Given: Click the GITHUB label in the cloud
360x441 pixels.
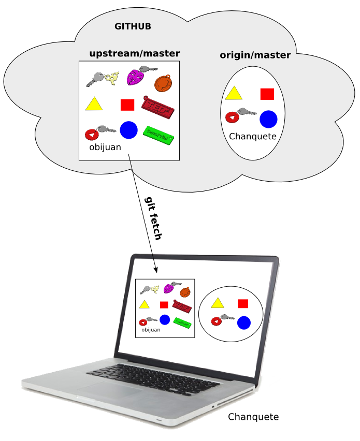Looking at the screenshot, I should (x=133, y=26).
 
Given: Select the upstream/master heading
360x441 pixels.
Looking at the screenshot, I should (x=135, y=53).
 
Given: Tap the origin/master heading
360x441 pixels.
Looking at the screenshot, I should (x=255, y=55).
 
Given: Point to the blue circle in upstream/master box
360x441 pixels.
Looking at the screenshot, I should (x=128, y=130).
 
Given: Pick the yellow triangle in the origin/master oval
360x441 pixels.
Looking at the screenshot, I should (x=234, y=93).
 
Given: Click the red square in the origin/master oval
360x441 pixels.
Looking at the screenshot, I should (x=267, y=94).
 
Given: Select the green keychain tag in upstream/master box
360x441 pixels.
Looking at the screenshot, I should (x=158, y=133).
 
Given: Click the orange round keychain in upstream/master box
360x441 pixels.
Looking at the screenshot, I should (x=163, y=82).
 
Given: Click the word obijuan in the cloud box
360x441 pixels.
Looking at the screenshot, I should (x=105, y=148).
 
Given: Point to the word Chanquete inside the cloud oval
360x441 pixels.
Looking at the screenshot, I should (x=253, y=137).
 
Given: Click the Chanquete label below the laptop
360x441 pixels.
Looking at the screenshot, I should (x=253, y=417).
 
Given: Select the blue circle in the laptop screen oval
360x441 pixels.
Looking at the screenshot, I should (x=244, y=323).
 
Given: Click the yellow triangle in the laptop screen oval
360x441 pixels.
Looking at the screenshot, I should (x=217, y=303).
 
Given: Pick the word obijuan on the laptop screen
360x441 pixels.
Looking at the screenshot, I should (x=151, y=329).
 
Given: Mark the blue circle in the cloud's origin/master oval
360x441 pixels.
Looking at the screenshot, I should (x=268, y=119).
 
